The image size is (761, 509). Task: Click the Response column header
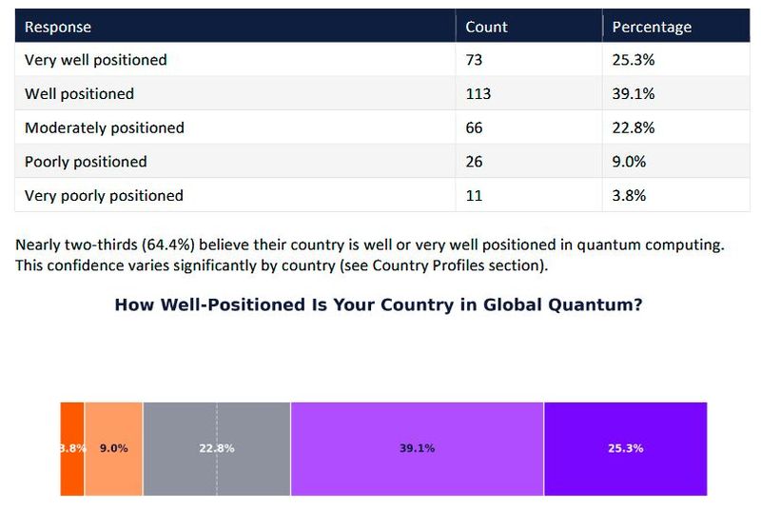(x=57, y=27)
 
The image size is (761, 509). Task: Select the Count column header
(x=486, y=27)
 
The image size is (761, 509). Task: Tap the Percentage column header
(x=652, y=27)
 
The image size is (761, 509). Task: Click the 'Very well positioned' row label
(x=95, y=60)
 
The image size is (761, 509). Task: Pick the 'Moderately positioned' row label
(x=104, y=127)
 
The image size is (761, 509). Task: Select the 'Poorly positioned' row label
(x=86, y=162)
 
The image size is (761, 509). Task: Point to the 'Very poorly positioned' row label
(x=104, y=195)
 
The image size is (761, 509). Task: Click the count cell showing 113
(x=478, y=94)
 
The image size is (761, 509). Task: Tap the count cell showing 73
(x=475, y=60)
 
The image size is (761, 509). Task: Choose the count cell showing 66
(x=475, y=127)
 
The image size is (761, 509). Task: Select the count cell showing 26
(x=475, y=162)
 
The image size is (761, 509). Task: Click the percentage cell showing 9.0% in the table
(x=629, y=162)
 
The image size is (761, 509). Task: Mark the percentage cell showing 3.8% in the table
(x=629, y=195)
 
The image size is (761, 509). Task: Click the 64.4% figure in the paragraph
(x=168, y=245)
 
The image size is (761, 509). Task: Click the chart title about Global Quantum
(x=379, y=305)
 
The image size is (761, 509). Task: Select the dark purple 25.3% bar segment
(x=625, y=448)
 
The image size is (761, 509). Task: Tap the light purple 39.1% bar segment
(x=417, y=448)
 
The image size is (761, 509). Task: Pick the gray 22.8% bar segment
(x=216, y=448)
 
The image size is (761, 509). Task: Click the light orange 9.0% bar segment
(x=113, y=448)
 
